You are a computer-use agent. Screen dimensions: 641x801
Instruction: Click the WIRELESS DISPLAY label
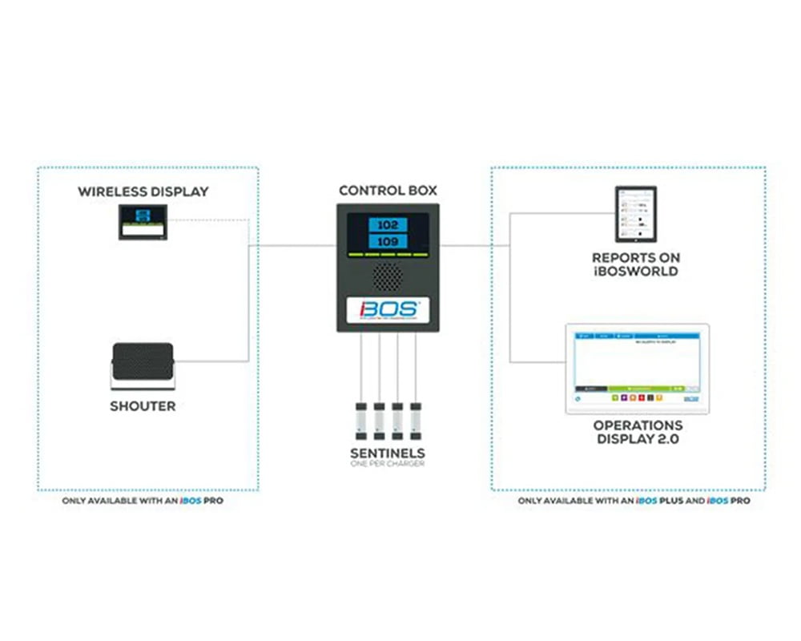[x=143, y=191]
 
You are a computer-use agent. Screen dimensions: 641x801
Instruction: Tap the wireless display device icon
[x=143, y=222]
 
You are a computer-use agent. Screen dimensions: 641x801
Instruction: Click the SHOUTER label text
[x=143, y=406]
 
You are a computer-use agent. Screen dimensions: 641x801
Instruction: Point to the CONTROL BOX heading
[x=387, y=191]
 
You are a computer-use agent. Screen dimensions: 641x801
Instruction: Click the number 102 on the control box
[x=388, y=224]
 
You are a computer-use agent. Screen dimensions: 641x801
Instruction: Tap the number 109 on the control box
[x=388, y=241]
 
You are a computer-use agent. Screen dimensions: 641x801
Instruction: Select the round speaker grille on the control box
[x=388, y=277]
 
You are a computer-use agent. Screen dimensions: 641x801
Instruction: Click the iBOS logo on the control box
[x=388, y=310]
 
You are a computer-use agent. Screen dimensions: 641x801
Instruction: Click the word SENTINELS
[x=387, y=454]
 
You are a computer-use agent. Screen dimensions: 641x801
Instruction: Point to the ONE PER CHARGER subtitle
[x=387, y=464]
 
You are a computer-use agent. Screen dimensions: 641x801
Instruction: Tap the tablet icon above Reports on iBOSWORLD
[x=635, y=214]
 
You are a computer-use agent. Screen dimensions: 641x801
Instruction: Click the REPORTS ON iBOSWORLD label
[x=635, y=264]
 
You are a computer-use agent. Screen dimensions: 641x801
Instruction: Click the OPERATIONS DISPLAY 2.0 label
[x=638, y=432]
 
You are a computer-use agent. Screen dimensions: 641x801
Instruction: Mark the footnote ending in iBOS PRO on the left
[x=143, y=501]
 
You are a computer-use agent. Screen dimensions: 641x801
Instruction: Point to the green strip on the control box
[x=388, y=255]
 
